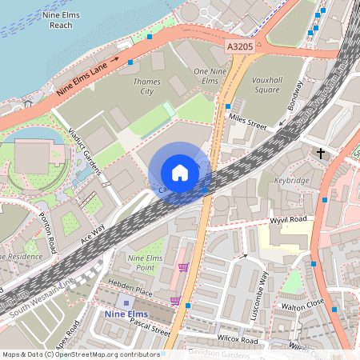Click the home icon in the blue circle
180,173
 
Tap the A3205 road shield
239,48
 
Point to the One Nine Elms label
206,77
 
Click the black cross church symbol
321,152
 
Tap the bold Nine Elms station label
126,314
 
